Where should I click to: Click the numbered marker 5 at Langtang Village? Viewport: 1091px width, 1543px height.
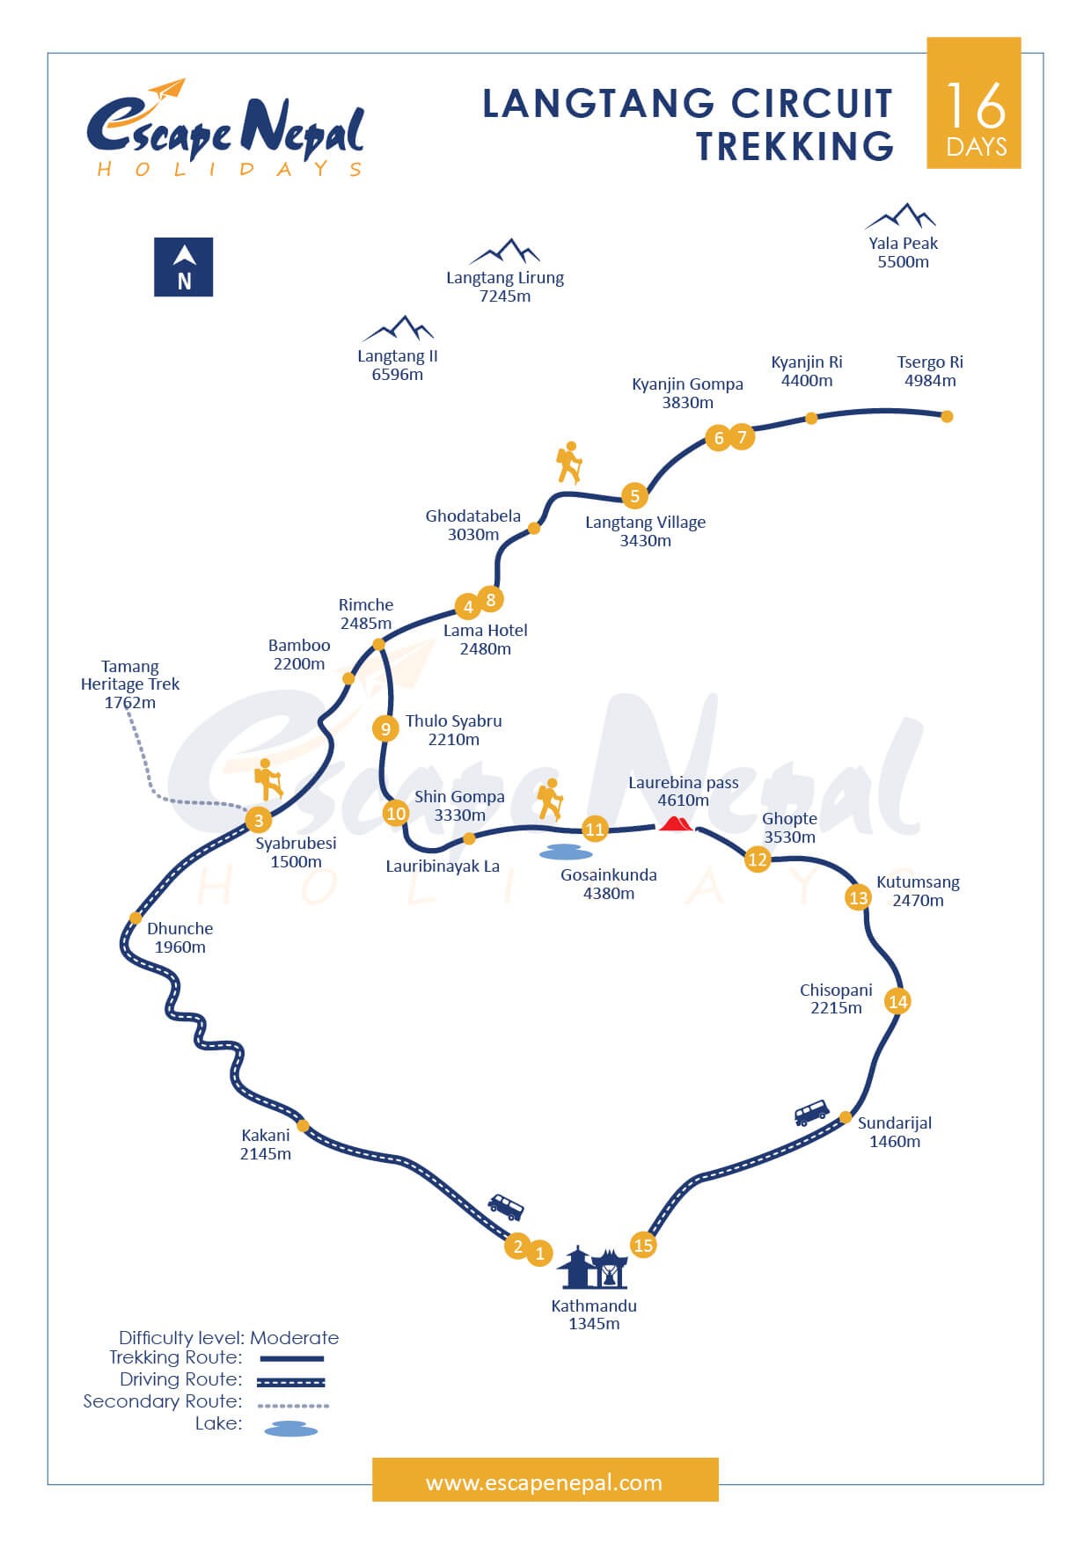pyautogui.click(x=634, y=495)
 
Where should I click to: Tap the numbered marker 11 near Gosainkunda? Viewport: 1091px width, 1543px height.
pyautogui.click(x=595, y=829)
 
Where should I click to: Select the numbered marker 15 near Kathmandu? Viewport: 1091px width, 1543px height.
pyautogui.click(x=643, y=1245)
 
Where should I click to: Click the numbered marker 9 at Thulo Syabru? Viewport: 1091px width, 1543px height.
pyautogui.click(x=385, y=728)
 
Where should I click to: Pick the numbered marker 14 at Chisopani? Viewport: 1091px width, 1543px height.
pyautogui.click(x=897, y=1001)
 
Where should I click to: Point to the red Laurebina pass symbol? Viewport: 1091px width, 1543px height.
pyautogui.click(x=677, y=823)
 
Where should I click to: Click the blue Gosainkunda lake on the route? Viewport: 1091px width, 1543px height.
pyautogui.click(x=566, y=852)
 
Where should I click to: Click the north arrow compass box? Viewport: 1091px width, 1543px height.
pyautogui.click(x=184, y=267)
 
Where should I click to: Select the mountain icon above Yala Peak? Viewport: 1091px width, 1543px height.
pyautogui.click(x=901, y=216)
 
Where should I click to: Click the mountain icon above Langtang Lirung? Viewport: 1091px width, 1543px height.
pyautogui.click(x=505, y=252)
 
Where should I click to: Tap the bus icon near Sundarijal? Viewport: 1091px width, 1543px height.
pyautogui.click(x=811, y=1112)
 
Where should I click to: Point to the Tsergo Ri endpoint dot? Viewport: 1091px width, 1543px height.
pyautogui.click(x=947, y=416)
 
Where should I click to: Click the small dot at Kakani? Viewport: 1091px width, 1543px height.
pyautogui.click(x=303, y=1125)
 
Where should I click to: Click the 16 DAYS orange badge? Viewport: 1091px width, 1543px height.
pyautogui.click(x=974, y=103)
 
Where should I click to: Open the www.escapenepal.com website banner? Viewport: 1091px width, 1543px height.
pyautogui.click(x=545, y=1483)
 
